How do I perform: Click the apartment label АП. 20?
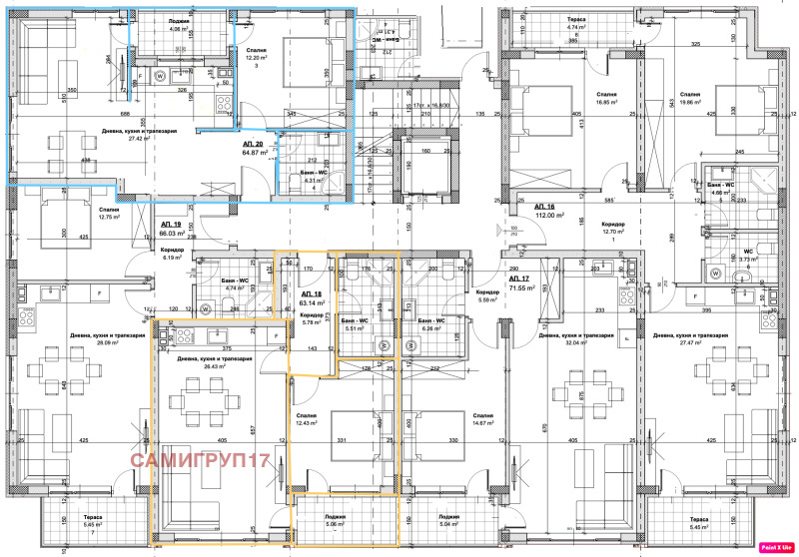(251, 145)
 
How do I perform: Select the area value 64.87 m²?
(251, 154)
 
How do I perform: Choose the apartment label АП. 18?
(311, 295)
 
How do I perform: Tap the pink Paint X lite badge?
(776, 546)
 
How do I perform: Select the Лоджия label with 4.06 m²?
(180, 25)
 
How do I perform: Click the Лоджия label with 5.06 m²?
(333, 517)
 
